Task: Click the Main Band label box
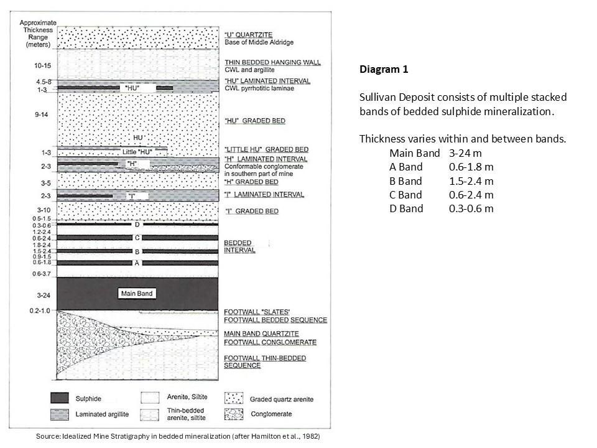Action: (137, 294)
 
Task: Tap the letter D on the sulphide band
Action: (137, 225)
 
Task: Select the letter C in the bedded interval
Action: (137, 238)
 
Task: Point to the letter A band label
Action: (137, 263)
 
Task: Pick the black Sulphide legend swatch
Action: (67, 398)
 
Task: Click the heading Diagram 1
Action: (384, 70)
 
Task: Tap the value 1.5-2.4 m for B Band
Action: (471, 181)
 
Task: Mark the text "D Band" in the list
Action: (406, 208)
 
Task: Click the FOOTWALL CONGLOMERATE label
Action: (271, 342)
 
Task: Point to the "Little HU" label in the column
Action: (137, 152)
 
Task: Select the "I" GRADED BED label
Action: (251, 212)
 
